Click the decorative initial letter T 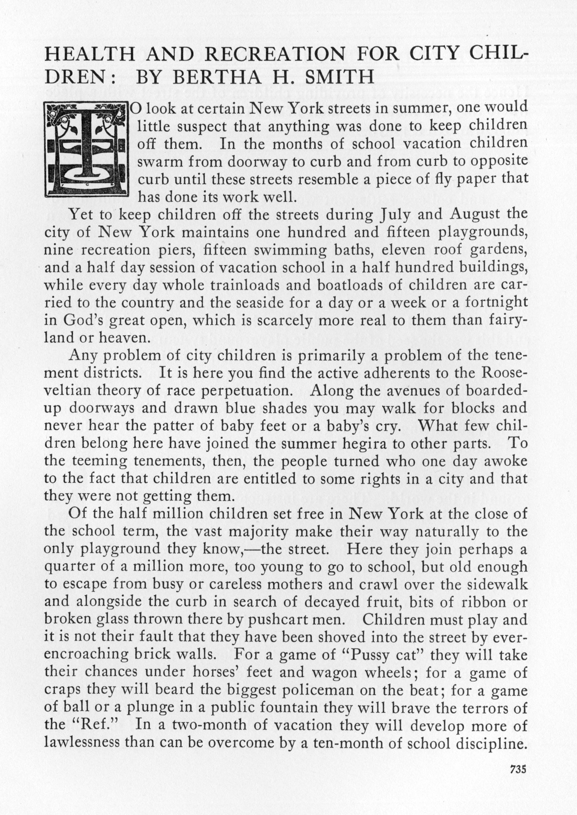tap(86, 149)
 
